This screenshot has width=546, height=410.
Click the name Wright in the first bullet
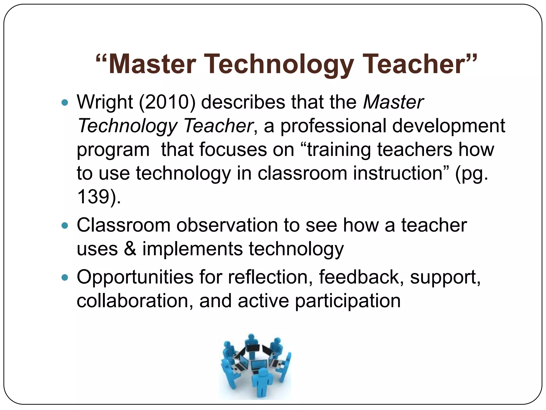point(105,102)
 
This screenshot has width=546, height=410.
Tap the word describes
point(243,102)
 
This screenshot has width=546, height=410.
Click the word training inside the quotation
point(339,149)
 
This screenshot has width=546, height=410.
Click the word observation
point(227,225)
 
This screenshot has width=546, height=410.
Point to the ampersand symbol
point(130,249)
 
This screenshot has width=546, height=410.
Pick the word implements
point(192,249)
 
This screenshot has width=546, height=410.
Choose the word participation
point(348,301)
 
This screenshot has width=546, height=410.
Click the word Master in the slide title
point(152,64)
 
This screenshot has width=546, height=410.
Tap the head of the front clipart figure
point(263,373)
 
